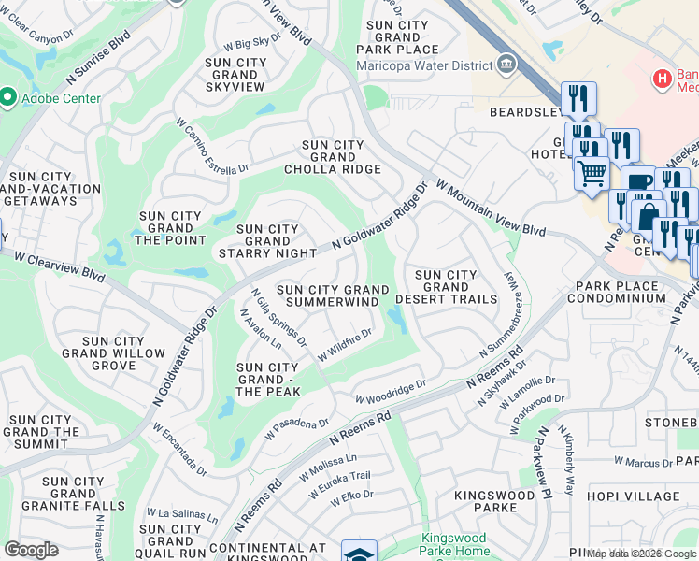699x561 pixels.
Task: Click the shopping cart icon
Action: point(591,172)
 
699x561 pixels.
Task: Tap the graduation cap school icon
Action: point(359,553)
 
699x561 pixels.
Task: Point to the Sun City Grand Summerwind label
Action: point(333,296)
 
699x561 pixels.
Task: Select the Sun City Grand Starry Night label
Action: point(267,240)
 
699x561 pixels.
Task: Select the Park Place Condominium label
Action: point(621,292)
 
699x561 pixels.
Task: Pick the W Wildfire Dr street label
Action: point(345,344)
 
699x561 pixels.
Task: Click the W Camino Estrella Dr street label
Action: point(212,145)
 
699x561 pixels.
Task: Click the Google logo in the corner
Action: point(31,550)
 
